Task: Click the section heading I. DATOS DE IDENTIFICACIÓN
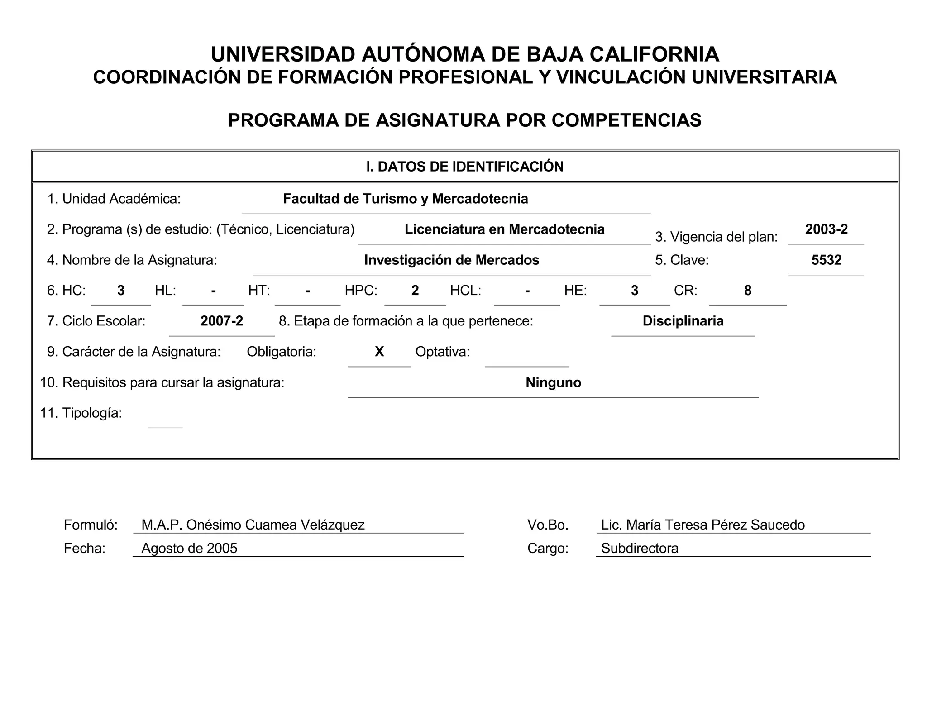pyautogui.click(x=465, y=167)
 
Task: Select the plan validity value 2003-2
pyautogui.click(x=826, y=229)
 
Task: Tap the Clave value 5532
pyautogui.click(x=826, y=260)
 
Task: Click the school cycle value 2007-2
pyautogui.click(x=222, y=321)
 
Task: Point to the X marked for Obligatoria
pyautogui.click(x=379, y=352)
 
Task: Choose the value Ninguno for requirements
pyautogui.click(x=553, y=382)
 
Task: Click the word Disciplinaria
pyautogui.click(x=683, y=321)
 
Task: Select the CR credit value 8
pyautogui.click(x=747, y=291)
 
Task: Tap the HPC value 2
pyautogui.click(x=415, y=291)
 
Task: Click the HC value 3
pyautogui.click(x=121, y=291)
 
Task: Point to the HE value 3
pyautogui.click(x=634, y=291)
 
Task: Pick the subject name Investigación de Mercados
pyautogui.click(x=451, y=260)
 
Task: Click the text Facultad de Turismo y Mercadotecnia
pyautogui.click(x=405, y=199)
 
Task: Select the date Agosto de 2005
pyautogui.click(x=189, y=548)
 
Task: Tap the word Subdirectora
pyautogui.click(x=640, y=548)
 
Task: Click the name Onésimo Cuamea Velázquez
pyautogui.click(x=275, y=525)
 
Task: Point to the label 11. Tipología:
pyautogui.click(x=81, y=413)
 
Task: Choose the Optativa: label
pyautogui.click(x=442, y=352)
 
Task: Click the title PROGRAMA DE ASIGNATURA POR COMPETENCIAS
pyautogui.click(x=464, y=120)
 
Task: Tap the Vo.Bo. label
pyautogui.click(x=547, y=525)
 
